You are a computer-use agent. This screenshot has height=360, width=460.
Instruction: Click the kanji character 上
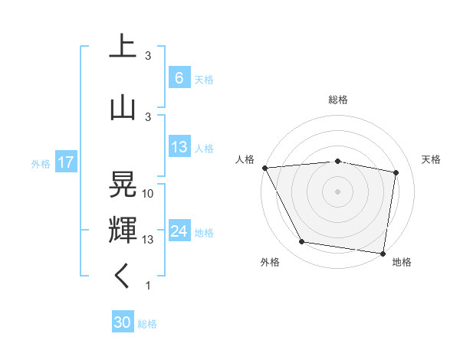pyautogui.click(x=123, y=47)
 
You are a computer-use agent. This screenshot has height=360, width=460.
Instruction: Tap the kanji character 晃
pyautogui.click(x=123, y=185)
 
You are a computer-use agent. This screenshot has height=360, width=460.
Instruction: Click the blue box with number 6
pyautogui.click(x=179, y=78)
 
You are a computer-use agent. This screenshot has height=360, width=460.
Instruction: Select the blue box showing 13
pyautogui.click(x=179, y=147)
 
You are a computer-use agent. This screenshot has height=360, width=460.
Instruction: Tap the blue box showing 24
pyautogui.click(x=179, y=231)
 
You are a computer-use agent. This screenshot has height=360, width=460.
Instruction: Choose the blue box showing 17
pyautogui.click(x=65, y=162)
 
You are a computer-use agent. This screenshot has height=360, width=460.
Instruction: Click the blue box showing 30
pyautogui.click(x=123, y=322)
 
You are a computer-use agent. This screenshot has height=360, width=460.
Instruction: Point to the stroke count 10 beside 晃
pyautogui.click(x=148, y=194)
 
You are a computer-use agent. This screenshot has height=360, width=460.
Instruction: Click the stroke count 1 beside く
pyautogui.click(x=148, y=286)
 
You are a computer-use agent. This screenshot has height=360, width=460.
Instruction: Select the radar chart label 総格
pyautogui.click(x=338, y=100)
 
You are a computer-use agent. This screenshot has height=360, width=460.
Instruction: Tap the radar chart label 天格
pyautogui.click(x=432, y=159)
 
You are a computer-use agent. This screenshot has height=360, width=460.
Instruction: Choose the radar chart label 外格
pyautogui.click(x=270, y=262)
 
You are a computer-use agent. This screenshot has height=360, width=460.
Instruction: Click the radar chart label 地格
pyautogui.click(x=402, y=262)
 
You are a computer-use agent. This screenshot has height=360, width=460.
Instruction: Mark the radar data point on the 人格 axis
pyautogui.click(x=264, y=168)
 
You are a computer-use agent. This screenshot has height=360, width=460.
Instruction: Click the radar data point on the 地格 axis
pyautogui.click(x=383, y=252)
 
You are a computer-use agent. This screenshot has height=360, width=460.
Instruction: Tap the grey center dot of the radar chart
pyautogui.click(x=338, y=191)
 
